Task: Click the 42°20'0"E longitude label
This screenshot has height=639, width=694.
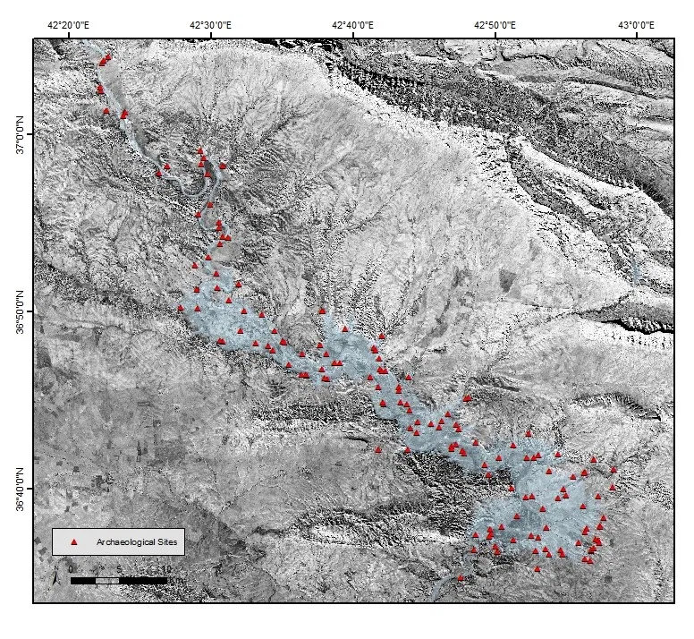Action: [x=68, y=25]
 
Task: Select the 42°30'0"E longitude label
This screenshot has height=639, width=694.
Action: [x=210, y=25]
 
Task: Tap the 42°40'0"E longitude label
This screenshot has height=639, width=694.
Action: [x=352, y=25]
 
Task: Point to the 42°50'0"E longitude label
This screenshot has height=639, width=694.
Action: [x=495, y=25]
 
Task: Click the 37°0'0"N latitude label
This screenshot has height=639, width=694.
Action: [x=21, y=133]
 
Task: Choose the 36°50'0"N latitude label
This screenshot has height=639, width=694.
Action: [x=21, y=311]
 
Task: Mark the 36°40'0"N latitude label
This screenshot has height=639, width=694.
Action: [x=21, y=489]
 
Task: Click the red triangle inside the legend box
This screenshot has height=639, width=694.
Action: [x=75, y=542]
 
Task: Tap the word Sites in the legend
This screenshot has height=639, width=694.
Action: [x=168, y=542]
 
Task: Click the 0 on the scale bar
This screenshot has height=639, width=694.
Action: [x=72, y=569]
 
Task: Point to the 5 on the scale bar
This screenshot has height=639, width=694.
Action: [x=119, y=569]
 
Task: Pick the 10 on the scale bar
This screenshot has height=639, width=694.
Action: [x=166, y=569]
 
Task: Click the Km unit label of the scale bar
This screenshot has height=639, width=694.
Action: [x=180, y=579]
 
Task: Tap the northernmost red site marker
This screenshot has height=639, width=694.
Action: [x=108, y=56]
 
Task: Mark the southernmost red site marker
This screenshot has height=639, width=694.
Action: [x=461, y=578]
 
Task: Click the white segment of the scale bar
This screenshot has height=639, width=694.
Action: [x=107, y=581]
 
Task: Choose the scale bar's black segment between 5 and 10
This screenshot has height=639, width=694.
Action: [x=143, y=581]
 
